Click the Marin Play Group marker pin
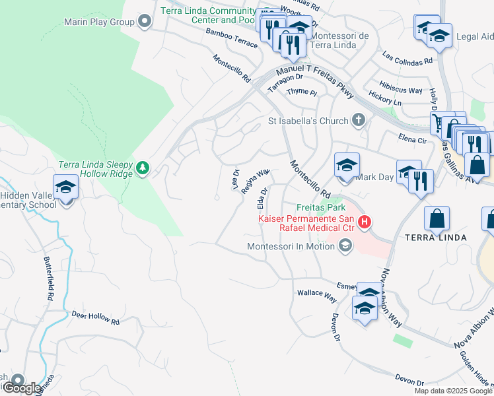pos(145,22)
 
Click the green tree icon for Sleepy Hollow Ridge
pos(142,169)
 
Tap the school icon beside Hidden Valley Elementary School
pos(65,189)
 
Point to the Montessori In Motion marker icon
pos(343,246)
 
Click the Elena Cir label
pos(413,139)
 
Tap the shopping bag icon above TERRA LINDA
pos(437,219)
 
